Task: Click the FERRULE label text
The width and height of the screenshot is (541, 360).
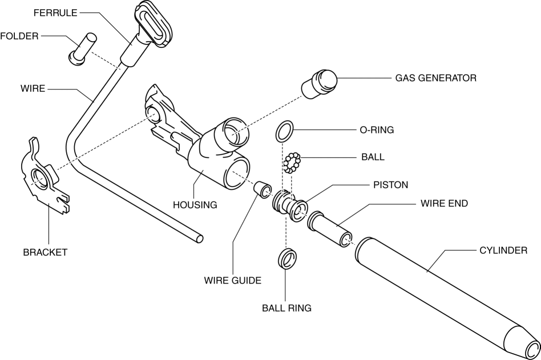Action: pos(55,13)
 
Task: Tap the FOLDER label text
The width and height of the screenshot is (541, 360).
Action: pos(19,36)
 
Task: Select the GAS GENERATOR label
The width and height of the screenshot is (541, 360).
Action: pos(435,78)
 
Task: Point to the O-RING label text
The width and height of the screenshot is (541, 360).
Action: pos(376,130)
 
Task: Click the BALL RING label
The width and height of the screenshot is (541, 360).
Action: pos(286,308)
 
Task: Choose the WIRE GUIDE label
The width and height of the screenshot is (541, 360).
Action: pos(232,281)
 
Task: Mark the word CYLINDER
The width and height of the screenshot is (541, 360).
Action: pos(503,250)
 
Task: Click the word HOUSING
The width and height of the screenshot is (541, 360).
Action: pos(195,205)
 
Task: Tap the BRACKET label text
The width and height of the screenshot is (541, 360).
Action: pos(45,252)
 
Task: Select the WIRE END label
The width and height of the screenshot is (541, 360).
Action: pos(444,203)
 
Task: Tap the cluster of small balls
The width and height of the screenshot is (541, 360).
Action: pos(292,163)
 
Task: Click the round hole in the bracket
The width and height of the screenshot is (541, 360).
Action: pos(39,177)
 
